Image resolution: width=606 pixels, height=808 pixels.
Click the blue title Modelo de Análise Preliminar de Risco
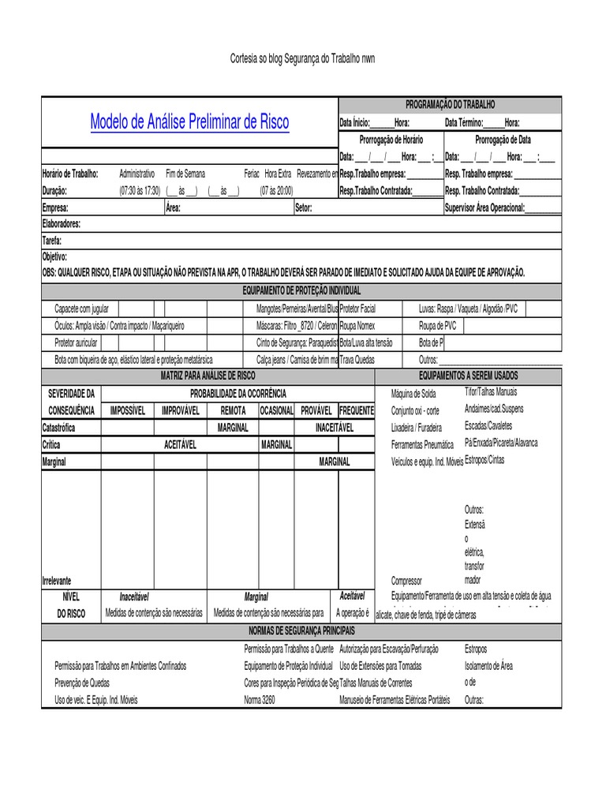(x=189, y=122)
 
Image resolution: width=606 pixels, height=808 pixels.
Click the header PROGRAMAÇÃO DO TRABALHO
(x=450, y=104)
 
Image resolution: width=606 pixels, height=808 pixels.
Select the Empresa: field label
(x=55, y=208)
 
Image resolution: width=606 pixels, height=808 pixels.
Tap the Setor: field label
(x=304, y=208)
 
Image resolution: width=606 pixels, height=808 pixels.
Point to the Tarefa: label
(x=51, y=241)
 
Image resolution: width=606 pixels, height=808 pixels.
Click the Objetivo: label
(x=54, y=257)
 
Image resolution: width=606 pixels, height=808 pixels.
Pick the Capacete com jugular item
(x=81, y=309)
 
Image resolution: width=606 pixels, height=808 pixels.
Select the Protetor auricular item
(x=76, y=342)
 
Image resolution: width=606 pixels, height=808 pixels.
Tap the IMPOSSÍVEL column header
(x=128, y=410)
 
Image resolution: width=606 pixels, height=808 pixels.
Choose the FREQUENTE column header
(x=356, y=410)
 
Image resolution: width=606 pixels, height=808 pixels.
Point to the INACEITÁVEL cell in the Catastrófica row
(x=335, y=427)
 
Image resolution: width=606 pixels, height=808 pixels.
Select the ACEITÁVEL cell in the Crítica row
(x=180, y=444)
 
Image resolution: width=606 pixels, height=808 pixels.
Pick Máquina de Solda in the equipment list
(x=413, y=394)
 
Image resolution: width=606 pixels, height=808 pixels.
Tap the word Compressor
(x=412, y=580)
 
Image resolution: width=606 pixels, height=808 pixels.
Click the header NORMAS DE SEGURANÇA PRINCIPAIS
(x=301, y=631)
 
